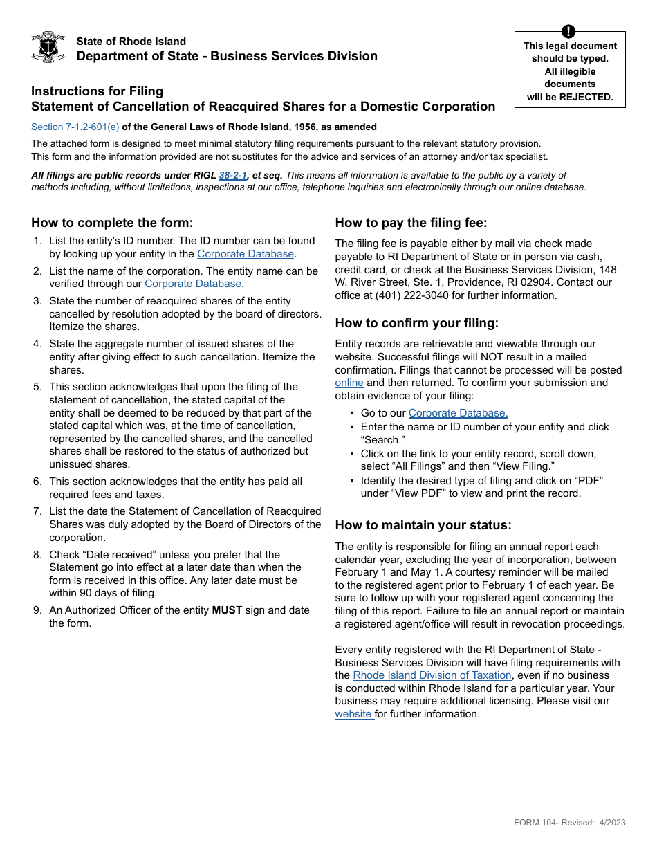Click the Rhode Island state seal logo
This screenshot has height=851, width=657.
(48, 48)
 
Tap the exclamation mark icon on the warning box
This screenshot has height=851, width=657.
(568, 31)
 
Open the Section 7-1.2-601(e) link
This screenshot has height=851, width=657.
(75, 127)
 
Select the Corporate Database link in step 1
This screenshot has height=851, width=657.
(246, 254)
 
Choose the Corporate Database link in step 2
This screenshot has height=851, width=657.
(193, 284)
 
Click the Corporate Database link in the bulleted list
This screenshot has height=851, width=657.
(458, 413)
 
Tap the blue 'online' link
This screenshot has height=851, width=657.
(349, 383)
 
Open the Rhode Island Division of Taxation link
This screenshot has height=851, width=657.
(432, 675)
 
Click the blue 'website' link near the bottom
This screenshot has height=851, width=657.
(354, 714)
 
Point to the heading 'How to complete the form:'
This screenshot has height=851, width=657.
(112, 223)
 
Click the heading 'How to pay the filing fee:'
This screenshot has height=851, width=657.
(411, 223)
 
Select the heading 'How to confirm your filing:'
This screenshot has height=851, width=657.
(416, 323)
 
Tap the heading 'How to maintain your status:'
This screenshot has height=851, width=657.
(423, 525)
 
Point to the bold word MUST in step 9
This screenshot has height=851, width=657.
(226, 610)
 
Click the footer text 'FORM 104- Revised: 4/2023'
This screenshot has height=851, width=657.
(569, 823)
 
